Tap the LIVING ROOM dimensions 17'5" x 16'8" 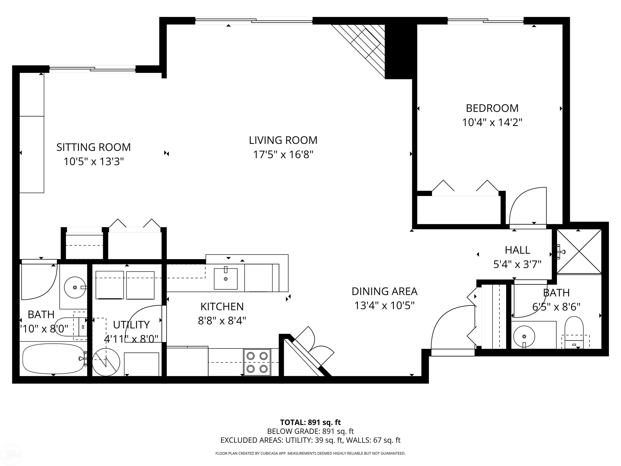tap(283, 155)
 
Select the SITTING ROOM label tap(93, 147)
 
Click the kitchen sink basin tap(225, 279)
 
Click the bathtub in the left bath tap(53, 359)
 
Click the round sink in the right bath tap(524, 336)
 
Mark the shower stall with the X tap(579, 251)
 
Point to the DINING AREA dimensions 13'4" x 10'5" tap(384, 306)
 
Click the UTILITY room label tap(131, 325)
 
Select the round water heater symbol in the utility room tap(106, 362)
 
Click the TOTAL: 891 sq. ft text tap(310, 422)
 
